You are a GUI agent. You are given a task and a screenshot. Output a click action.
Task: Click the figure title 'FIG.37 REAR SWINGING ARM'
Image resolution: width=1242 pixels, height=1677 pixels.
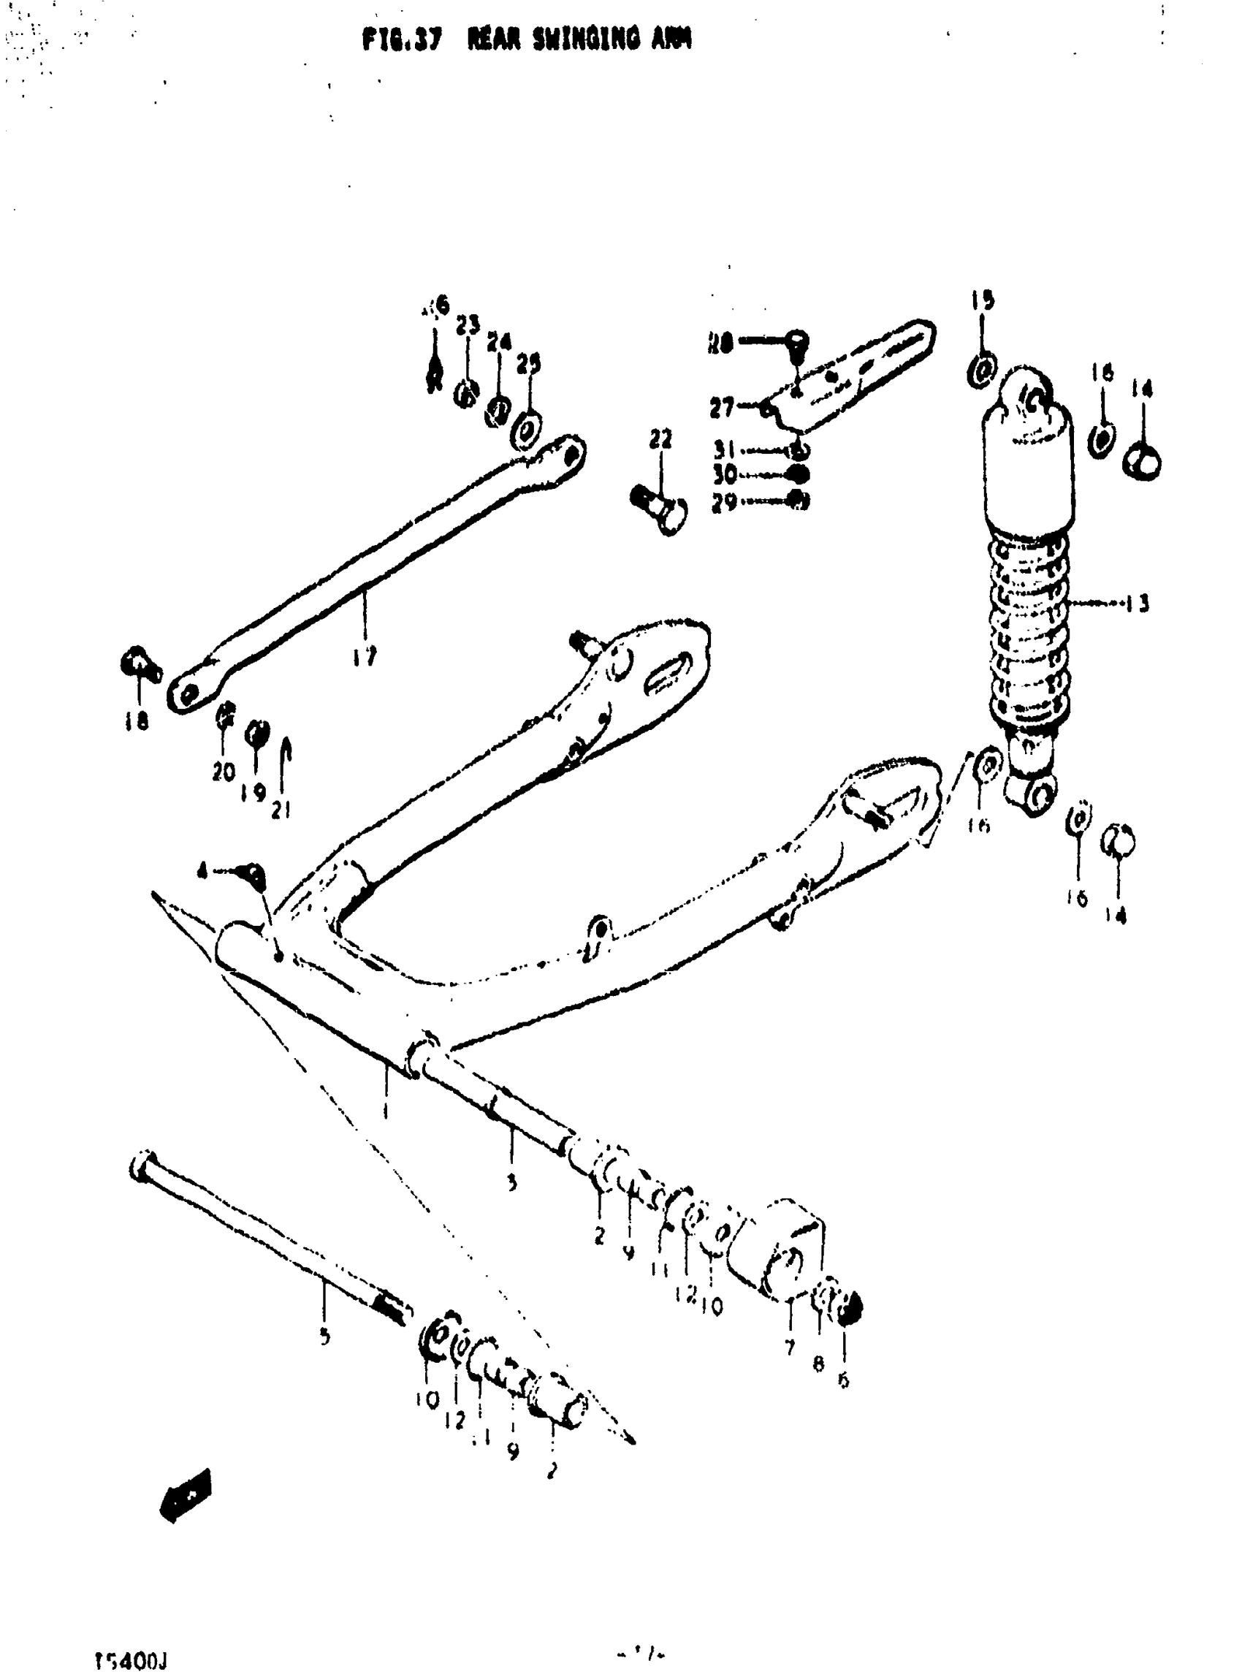pyautogui.click(x=526, y=39)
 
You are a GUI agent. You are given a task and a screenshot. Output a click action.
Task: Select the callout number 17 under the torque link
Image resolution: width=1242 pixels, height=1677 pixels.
pyautogui.click(x=365, y=656)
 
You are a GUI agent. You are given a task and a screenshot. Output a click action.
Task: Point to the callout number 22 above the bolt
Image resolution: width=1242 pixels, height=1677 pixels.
pyautogui.click(x=661, y=439)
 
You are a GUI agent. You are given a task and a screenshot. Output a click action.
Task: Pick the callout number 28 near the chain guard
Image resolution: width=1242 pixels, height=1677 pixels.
pyautogui.click(x=720, y=344)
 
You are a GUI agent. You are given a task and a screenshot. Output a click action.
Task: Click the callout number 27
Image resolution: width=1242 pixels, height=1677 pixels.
pyautogui.click(x=722, y=408)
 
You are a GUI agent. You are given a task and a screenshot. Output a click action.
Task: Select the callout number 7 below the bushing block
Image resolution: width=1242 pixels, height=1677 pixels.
pyautogui.click(x=790, y=1347)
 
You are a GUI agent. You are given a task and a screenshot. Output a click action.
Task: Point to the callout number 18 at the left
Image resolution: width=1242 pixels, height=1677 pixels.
pyautogui.click(x=137, y=722)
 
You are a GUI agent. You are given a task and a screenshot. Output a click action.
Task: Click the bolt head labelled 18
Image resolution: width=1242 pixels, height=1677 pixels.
pyautogui.click(x=138, y=666)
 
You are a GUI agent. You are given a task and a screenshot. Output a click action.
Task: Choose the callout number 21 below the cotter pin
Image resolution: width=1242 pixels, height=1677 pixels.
pyautogui.click(x=281, y=808)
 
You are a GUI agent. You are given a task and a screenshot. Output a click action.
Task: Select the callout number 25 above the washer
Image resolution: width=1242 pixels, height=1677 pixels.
pyautogui.click(x=528, y=364)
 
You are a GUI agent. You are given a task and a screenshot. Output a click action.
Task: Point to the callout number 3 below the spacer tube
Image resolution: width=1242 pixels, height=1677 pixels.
pyautogui.click(x=511, y=1183)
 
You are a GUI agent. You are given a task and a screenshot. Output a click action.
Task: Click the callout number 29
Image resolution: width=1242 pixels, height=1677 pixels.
pyautogui.click(x=725, y=502)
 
